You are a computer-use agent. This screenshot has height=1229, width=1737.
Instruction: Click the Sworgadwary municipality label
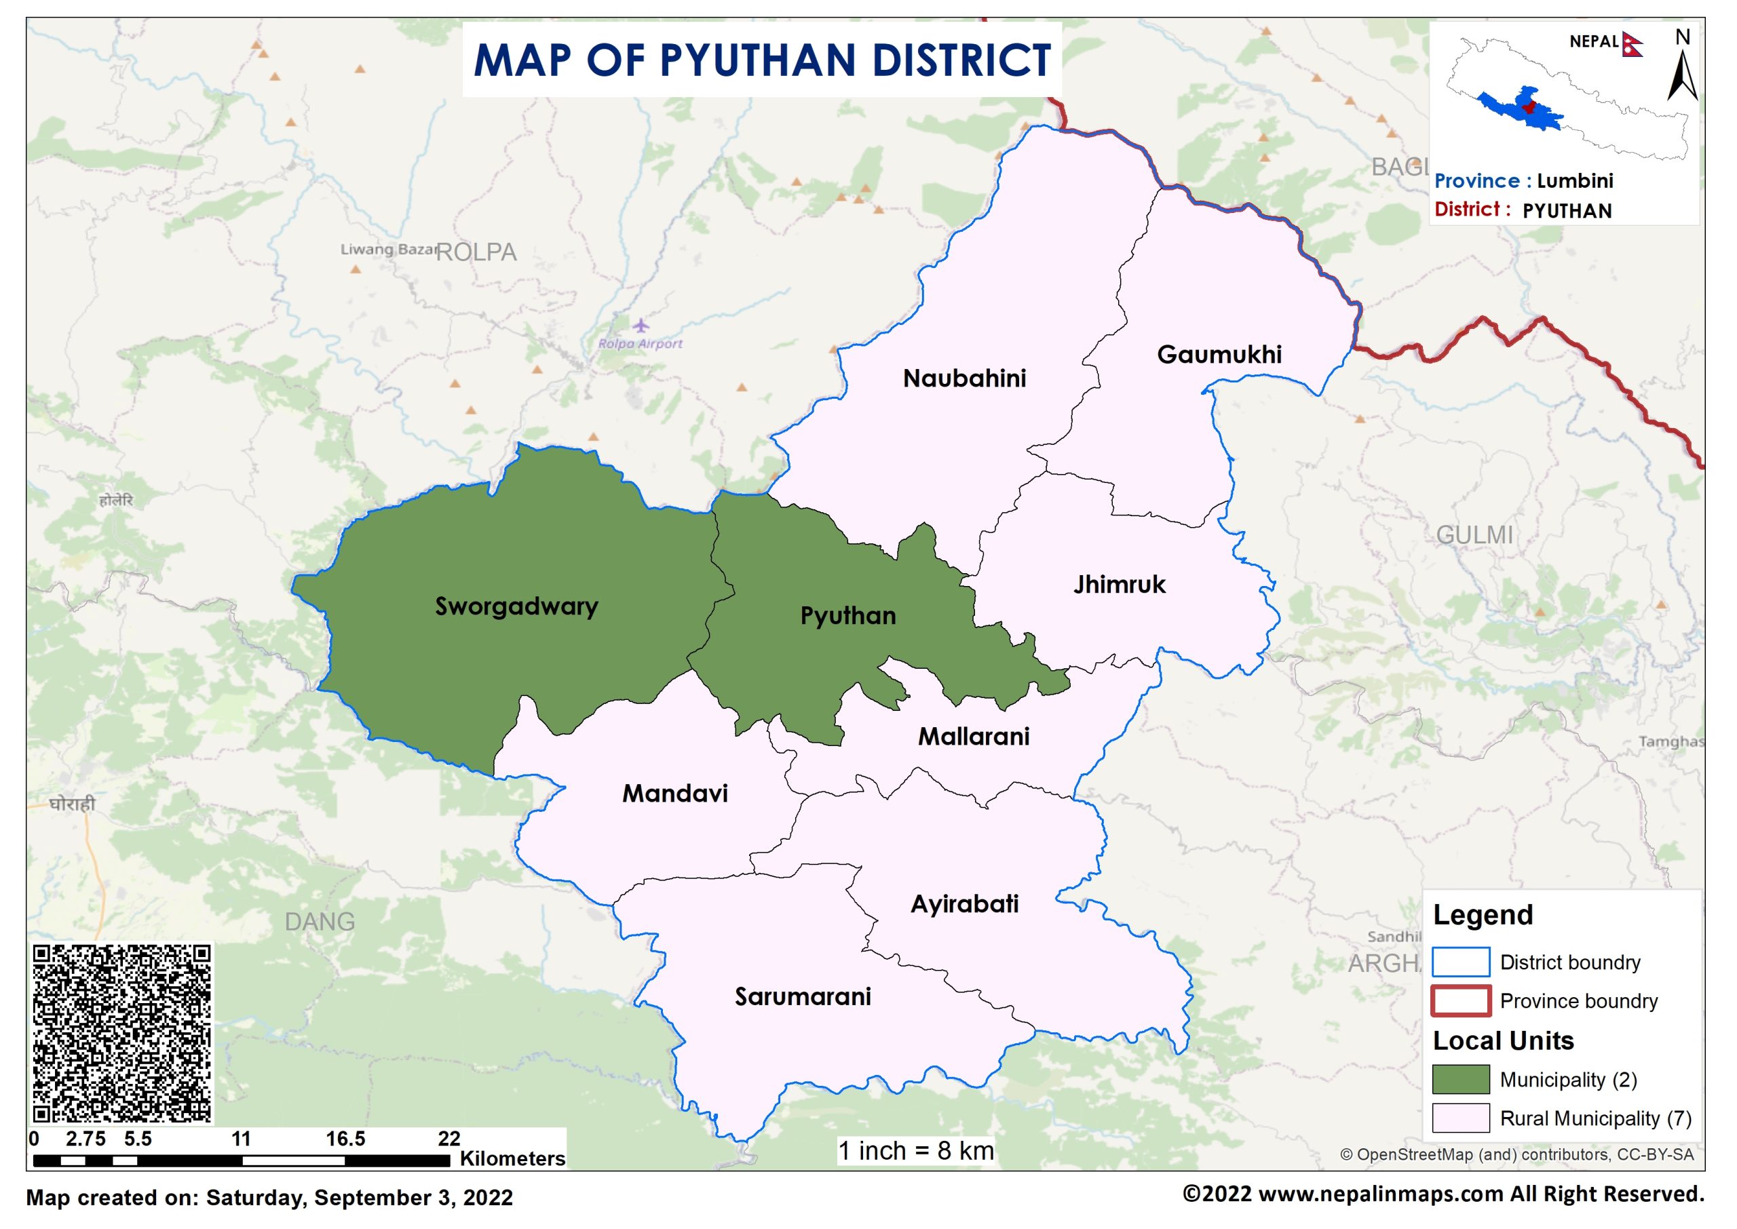(516, 606)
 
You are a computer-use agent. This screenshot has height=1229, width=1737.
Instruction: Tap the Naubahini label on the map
(964, 378)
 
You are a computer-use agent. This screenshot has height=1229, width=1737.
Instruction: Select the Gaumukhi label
(1219, 354)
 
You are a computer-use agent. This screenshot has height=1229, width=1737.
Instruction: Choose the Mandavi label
(674, 793)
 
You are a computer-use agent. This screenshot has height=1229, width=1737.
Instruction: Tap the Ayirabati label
(964, 903)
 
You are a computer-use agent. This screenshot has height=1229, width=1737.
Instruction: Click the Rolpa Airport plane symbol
(641, 326)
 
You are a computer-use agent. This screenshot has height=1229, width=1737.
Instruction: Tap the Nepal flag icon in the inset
(1632, 44)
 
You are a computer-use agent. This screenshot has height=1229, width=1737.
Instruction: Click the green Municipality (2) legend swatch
(1460, 1079)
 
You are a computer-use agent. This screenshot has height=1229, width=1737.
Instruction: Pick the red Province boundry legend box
(1460, 1000)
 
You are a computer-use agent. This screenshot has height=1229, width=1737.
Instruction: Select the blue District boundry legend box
(1460, 962)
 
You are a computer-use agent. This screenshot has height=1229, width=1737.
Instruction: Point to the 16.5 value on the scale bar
(345, 1139)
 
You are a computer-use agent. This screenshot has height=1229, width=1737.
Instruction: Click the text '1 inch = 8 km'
(915, 1151)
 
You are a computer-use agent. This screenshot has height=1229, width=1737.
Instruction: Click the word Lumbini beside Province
(1574, 181)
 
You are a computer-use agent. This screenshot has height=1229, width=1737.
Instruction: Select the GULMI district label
(1474, 535)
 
